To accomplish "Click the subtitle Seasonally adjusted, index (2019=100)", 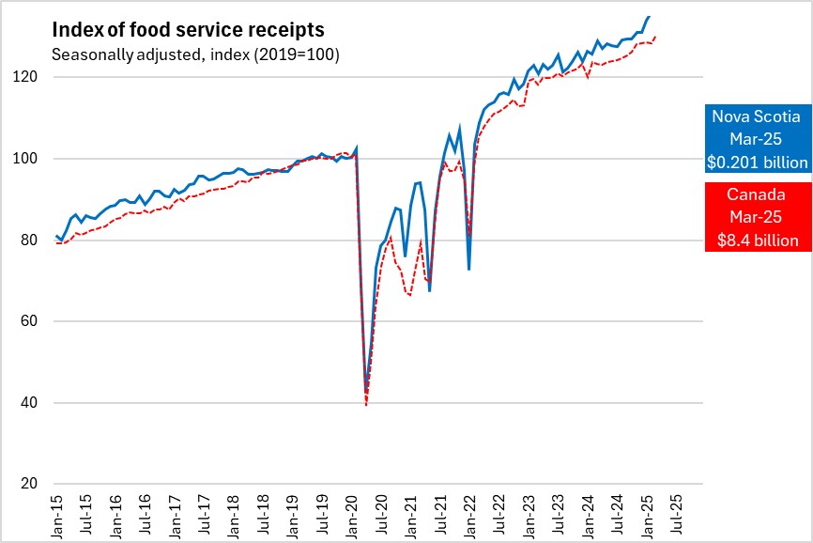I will (x=195, y=54).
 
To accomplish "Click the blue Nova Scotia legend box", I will (x=756, y=139).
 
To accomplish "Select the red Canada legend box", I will (x=756, y=218).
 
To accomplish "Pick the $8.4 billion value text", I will (x=756, y=241).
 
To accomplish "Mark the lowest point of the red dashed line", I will (x=366, y=405).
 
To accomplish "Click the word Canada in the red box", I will (x=756, y=195).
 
